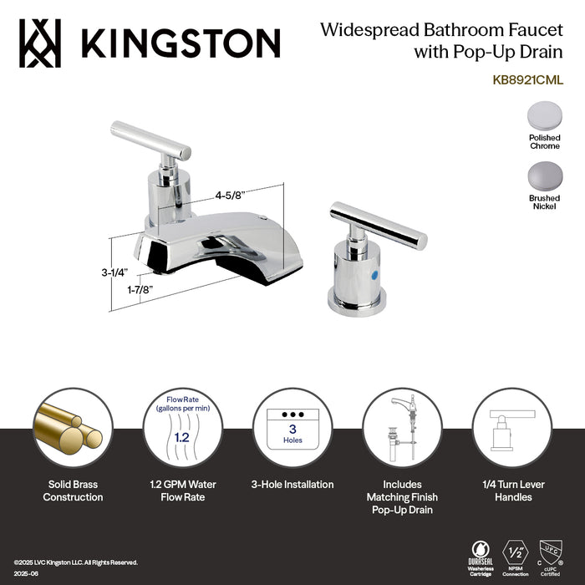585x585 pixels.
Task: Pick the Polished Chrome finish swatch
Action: [x=544, y=115]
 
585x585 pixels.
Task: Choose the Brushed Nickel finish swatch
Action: [x=544, y=175]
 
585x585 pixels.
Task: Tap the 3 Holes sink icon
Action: [x=292, y=427]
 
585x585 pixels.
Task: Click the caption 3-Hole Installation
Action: [x=292, y=484]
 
